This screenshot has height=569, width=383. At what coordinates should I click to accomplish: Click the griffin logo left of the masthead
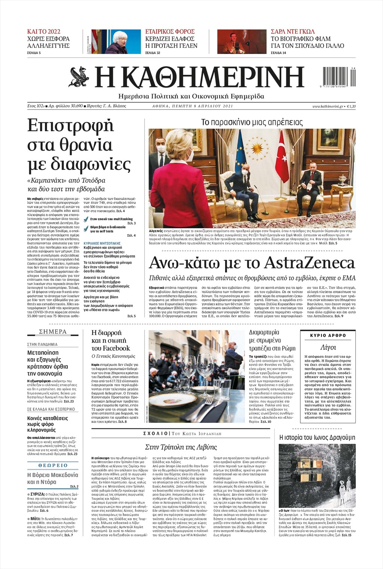click(x=79, y=76)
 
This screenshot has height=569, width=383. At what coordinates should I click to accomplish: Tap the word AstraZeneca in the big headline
click(x=309, y=263)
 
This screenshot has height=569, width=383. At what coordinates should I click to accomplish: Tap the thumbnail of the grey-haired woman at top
click(x=116, y=42)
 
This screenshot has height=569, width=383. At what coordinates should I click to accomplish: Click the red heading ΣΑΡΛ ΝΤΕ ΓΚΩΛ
click(x=292, y=31)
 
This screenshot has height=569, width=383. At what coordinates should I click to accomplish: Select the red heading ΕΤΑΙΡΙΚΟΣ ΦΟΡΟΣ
click(x=170, y=31)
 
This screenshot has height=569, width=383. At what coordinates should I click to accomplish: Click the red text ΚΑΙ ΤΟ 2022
click(x=44, y=31)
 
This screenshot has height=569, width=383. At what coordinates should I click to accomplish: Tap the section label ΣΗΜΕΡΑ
click(x=53, y=332)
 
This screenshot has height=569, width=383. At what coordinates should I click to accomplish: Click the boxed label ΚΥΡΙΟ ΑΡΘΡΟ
click(x=328, y=335)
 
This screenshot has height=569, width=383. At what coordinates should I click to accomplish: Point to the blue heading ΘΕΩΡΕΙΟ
click(x=53, y=465)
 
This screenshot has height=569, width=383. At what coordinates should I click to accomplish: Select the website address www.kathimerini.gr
click(x=328, y=107)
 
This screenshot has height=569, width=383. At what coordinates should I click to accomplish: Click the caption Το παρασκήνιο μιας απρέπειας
click(x=252, y=122)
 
